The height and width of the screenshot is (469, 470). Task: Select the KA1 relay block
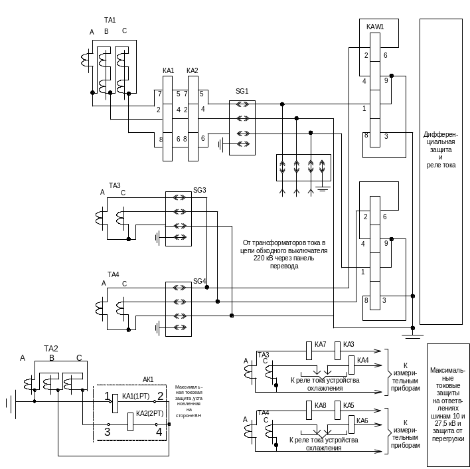167,118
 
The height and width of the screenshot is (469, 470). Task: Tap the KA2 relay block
193,118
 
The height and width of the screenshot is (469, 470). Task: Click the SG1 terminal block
242,127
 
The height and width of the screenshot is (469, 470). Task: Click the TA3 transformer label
115,185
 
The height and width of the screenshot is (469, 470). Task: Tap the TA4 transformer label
114,274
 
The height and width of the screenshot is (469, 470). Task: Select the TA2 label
51,348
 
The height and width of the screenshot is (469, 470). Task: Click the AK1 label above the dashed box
148,380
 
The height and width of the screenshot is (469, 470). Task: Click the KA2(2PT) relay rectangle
130,421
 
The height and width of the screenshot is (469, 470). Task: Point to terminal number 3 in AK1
106,431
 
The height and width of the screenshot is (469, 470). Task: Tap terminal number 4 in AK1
159,431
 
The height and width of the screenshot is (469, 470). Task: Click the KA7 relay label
320,343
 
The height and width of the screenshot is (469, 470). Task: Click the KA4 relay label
362,360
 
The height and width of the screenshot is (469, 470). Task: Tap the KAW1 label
375,25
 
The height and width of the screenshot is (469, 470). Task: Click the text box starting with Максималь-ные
448,403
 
